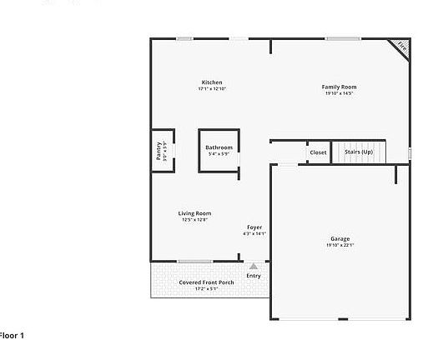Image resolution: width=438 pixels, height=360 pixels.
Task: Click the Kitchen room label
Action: click(x=212, y=82)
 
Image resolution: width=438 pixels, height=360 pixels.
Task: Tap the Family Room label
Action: click(x=340, y=87)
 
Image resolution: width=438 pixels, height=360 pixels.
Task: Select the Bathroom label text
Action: click(x=219, y=147)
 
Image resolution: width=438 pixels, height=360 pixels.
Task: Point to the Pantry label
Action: click(x=159, y=151)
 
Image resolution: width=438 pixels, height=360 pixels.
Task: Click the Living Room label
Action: click(x=194, y=213)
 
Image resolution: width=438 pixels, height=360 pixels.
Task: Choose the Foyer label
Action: click(x=254, y=227)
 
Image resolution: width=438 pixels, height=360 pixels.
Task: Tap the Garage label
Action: click(x=340, y=238)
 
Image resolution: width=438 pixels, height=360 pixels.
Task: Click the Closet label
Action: click(x=318, y=152)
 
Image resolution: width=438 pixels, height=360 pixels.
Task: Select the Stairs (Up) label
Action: click(x=359, y=152)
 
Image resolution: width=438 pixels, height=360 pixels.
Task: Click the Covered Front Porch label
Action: click(x=206, y=282)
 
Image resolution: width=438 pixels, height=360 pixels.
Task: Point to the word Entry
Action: click(x=254, y=276)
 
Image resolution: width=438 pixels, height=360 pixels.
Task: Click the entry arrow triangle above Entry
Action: click(x=254, y=267)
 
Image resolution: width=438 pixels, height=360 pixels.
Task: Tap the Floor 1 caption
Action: click(x=12, y=335)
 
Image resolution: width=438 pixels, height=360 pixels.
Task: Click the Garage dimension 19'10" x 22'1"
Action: click(x=340, y=245)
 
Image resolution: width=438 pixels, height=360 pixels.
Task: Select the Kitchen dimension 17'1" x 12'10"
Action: click(x=212, y=89)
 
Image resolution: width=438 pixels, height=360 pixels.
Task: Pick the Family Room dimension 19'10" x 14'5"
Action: click(x=340, y=93)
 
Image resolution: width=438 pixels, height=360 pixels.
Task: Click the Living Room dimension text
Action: click(x=194, y=220)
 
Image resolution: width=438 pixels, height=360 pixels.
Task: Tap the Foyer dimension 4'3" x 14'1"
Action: click(x=254, y=234)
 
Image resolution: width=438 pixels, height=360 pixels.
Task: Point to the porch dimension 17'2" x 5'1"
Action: click(x=206, y=289)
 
